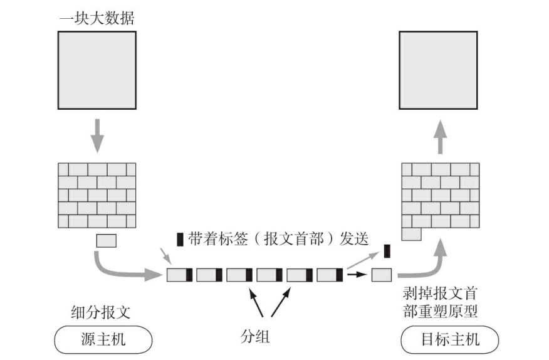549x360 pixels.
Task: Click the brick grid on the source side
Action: click(x=97, y=195)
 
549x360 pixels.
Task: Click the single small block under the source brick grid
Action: click(x=106, y=240)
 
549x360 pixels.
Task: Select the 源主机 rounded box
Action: click(x=103, y=340)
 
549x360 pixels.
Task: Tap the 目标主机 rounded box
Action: click(x=449, y=340)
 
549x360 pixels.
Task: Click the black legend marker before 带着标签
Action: click(x=180, y=239)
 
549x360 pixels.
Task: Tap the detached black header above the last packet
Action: click(x=387, y=251)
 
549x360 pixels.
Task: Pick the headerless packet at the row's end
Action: click(x=381, y=275)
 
